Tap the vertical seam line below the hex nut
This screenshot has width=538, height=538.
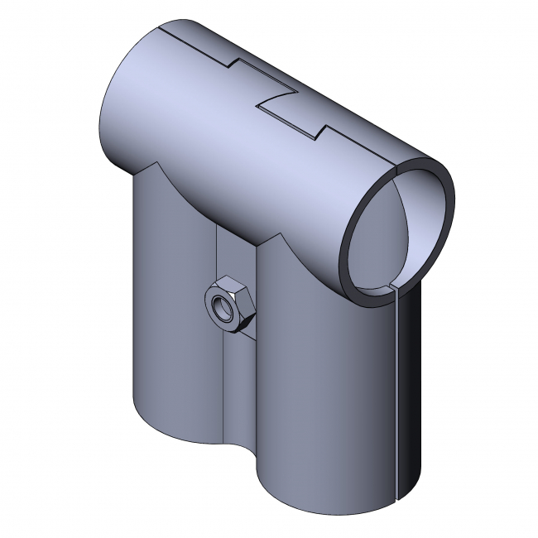click(225, 389)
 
